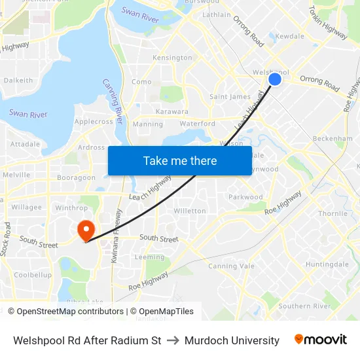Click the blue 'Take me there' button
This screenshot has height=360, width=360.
(x=180, y=160)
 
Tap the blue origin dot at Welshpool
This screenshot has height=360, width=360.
(x=275, y=79)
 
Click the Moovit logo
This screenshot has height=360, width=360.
(x=321, y=340)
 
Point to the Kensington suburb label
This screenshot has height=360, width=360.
(x=172, y=58)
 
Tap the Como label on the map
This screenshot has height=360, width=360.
(x=141, y=82)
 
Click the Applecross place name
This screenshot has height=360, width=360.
(x=94, y=122)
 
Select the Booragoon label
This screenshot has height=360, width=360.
(x=76, y=177)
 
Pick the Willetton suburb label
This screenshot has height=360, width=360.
(x=189, y=211)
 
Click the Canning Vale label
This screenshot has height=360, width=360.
(x=230, y=266)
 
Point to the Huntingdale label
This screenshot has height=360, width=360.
(x=327, y=264)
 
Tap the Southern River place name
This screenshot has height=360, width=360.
(x=304, y=306)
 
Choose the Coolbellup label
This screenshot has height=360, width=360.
(x=33, y=275)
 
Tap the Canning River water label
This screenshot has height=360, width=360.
(x=113, y=101)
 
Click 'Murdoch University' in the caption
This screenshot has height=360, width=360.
(x=232, y=340)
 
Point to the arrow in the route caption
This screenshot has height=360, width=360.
(x=173, y=340)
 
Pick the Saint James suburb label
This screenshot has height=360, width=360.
(x=230, y=97)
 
